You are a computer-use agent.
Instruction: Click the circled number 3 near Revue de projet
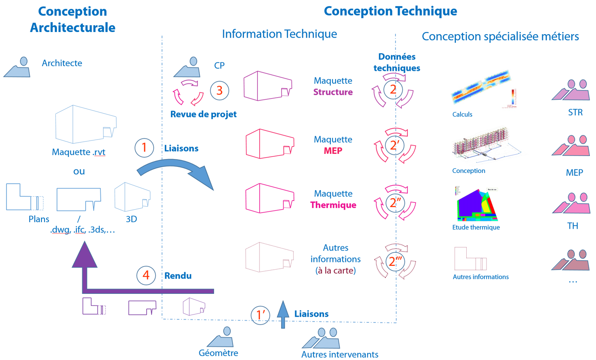(219, 90)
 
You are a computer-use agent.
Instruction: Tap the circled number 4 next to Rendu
(146, 276)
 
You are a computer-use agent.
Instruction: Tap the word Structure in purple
(333, 92)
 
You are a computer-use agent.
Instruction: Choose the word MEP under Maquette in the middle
(333, 151)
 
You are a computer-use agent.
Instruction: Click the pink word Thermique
(333, 205)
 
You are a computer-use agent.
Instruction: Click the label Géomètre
(218, 353)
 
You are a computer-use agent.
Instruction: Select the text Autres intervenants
(340, 354)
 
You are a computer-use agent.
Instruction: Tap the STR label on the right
(575, 113)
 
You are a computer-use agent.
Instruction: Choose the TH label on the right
(573, 226)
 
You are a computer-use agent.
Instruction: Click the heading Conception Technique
(390, 11)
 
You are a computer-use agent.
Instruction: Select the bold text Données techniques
(397, 62)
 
